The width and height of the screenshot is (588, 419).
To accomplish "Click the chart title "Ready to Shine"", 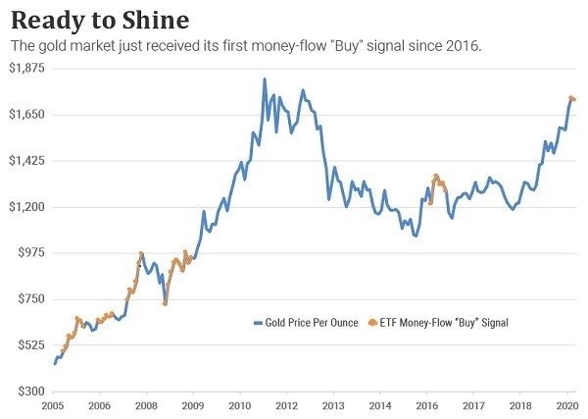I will point(100,20).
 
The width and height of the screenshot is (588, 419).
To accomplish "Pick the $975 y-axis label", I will point(30,253).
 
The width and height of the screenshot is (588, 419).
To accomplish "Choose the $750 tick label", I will point(30,299).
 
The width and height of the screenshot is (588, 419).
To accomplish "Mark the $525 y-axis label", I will point(30,345).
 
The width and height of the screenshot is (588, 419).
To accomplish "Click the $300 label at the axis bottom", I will point(30,392).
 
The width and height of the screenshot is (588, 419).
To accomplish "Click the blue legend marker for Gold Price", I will point(258,323).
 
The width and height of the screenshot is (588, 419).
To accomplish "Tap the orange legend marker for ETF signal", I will point(371,323).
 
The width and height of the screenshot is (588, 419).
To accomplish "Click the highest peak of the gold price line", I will point(265,79).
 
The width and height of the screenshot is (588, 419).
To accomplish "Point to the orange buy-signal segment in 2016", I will point(436,181).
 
